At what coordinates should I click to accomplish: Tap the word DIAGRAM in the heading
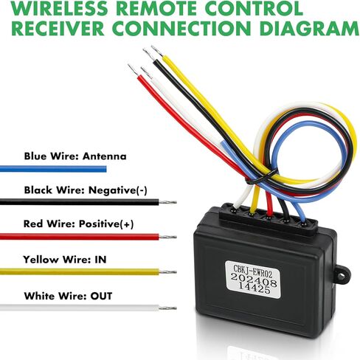309,28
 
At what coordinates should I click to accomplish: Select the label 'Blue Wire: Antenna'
75,156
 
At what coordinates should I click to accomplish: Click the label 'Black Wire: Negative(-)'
86,190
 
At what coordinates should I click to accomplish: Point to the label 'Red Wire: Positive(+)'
79,224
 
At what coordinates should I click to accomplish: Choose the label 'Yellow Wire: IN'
65,260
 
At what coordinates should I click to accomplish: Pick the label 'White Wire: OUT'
68,296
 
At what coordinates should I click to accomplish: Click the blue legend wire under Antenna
53,169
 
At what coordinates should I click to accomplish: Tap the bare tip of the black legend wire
167,202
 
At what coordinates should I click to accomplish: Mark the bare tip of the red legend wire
167,237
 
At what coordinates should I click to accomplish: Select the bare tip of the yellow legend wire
167,271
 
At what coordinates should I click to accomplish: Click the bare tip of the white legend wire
167,308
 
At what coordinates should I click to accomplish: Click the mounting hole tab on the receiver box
342,276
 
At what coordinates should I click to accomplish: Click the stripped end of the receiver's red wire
133,69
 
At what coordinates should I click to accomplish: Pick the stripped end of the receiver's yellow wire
157,51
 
